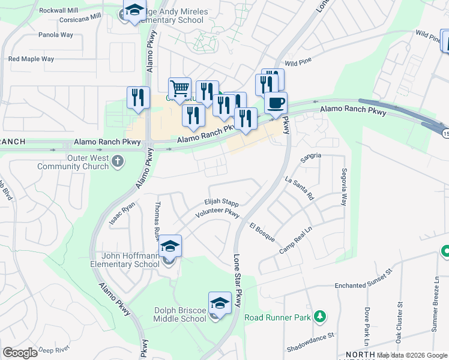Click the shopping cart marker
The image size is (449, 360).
click(179, 90)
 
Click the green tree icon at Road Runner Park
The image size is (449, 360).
click(321, 316)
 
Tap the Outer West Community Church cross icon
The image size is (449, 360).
click(118, 161)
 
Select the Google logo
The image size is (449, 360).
click(20, 353)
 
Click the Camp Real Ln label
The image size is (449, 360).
click(295, 240)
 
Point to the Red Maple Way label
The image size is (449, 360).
click(31, 59)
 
